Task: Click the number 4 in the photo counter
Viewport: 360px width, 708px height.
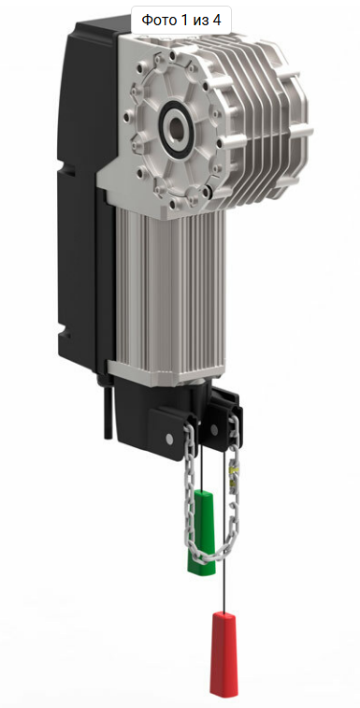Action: tap(216, 20)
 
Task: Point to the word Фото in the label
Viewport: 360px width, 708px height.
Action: tap(156, 20)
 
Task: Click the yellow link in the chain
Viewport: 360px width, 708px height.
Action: tap(233, 472)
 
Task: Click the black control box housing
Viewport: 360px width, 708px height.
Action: tap(86, 190)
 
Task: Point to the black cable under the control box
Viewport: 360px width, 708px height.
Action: tap(107, 409)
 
